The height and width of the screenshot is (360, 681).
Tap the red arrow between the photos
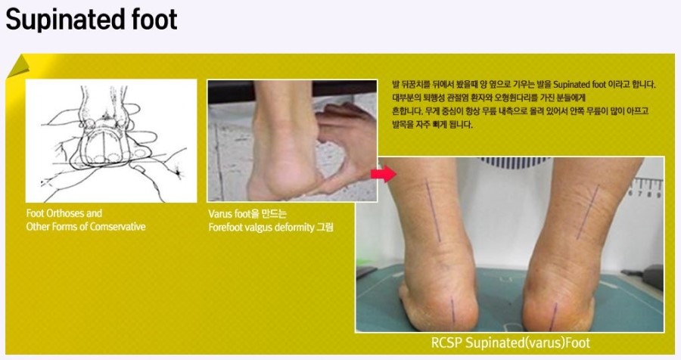383,174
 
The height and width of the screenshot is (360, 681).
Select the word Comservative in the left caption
115,227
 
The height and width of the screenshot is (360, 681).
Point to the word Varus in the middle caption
220,213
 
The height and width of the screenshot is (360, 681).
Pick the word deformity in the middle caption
293,228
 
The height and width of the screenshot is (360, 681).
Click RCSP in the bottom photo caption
446,343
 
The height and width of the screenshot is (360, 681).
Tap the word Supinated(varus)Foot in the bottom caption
527,343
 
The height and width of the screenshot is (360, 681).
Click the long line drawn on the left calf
433,210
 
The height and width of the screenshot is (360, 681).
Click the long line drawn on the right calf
588,213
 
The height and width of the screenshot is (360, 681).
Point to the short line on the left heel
452,310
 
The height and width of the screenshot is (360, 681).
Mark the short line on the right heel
553,317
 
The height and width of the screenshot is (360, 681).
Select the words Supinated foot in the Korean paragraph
579,84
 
